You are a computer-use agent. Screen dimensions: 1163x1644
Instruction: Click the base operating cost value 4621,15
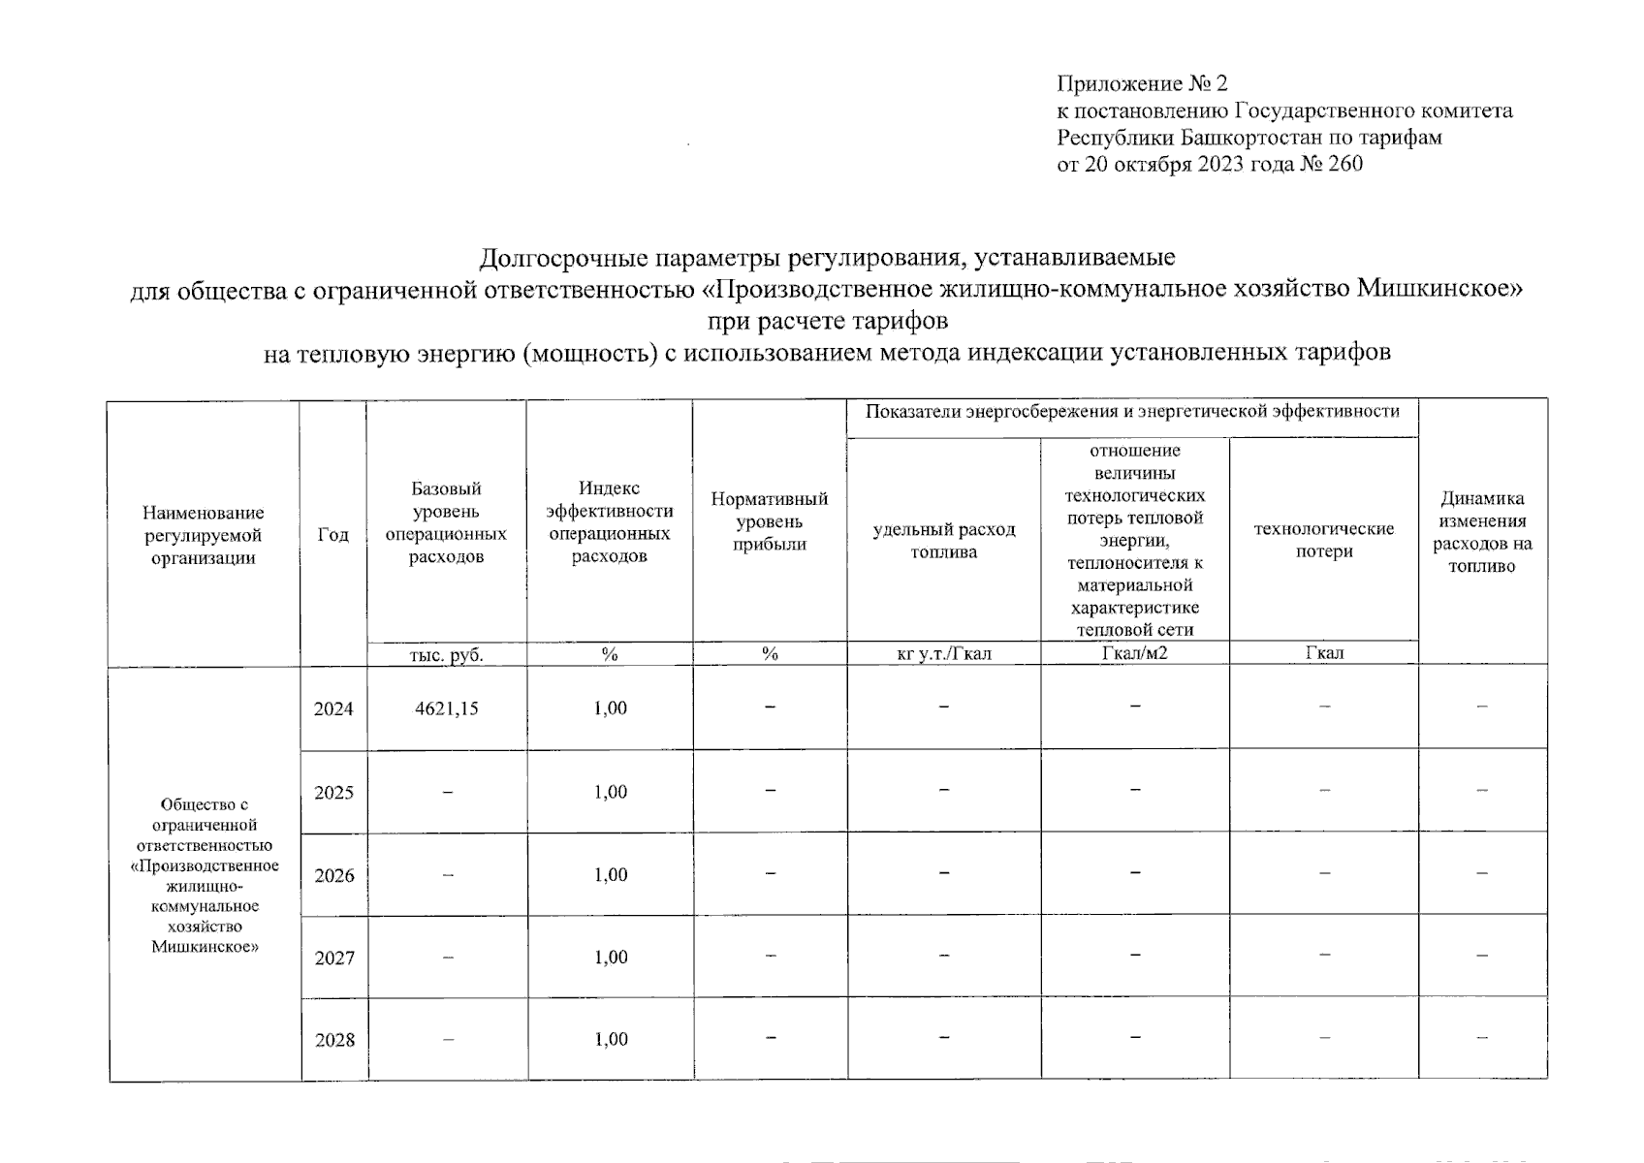click(x=446, y=708)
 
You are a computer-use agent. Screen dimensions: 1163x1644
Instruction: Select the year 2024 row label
click(x=333, y=708)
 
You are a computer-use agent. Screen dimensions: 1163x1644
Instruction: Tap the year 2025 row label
click(x=333, y=793)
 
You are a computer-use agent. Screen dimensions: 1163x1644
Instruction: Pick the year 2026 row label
click(x=333, y=876)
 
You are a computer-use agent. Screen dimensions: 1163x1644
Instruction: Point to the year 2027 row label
click(x=333, y=959)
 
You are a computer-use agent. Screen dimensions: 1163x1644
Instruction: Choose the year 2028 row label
click(x=333, y=1041)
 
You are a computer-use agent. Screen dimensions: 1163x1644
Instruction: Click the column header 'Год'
click(x=332, y=535)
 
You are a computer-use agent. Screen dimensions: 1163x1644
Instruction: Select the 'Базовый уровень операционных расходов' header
click(x=446, y=522)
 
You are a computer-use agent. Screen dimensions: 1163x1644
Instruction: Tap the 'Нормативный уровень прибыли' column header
click(x=770, y=521)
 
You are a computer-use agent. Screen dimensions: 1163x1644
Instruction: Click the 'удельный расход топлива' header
click(x=943, y=541)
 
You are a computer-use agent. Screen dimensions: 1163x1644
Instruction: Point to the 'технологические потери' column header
click(x=1323, y=540)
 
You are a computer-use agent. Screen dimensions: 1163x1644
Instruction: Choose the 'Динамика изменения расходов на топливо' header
click(x=1481, y=532)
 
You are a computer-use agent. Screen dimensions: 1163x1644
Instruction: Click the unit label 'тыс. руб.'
click(x=446, y=655)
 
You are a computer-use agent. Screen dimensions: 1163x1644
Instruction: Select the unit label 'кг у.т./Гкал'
click(x=943, y=653)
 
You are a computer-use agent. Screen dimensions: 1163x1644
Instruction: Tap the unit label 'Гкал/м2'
click(x=1134, y=653)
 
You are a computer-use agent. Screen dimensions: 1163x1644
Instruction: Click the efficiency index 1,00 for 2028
click(x=610, y=1040)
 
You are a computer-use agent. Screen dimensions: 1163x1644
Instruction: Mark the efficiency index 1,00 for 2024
click(x=610, y=708)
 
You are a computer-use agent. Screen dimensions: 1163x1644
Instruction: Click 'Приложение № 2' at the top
click(x=1142, y=83)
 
